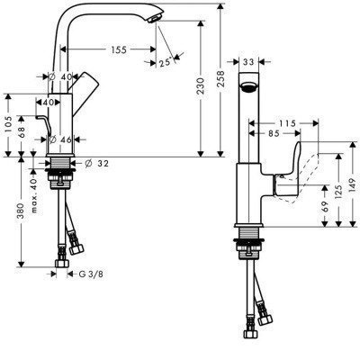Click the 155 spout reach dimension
119,49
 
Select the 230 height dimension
201,86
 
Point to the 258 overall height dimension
220,79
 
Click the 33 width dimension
248,62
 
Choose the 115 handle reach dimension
287,123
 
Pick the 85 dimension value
274,133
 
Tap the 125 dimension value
339,192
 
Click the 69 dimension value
325,207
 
